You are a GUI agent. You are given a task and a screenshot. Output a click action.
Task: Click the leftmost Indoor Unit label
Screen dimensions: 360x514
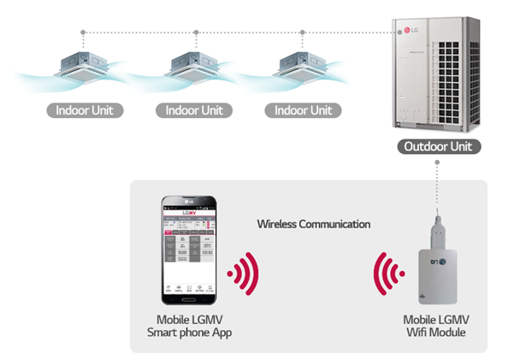tap(85, 110)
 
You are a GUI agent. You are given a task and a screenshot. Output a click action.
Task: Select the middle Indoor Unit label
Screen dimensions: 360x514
tap(194, 110)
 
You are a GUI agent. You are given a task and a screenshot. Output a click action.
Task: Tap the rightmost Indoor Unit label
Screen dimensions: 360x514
tap(304, 110)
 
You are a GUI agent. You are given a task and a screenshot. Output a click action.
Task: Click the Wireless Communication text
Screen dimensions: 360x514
tap(314, 224)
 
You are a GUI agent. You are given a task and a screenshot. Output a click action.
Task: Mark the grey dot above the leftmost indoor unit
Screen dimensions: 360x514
tap(84, 33)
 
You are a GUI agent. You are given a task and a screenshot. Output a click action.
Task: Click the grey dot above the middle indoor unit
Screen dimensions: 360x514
tap(196, 33)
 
